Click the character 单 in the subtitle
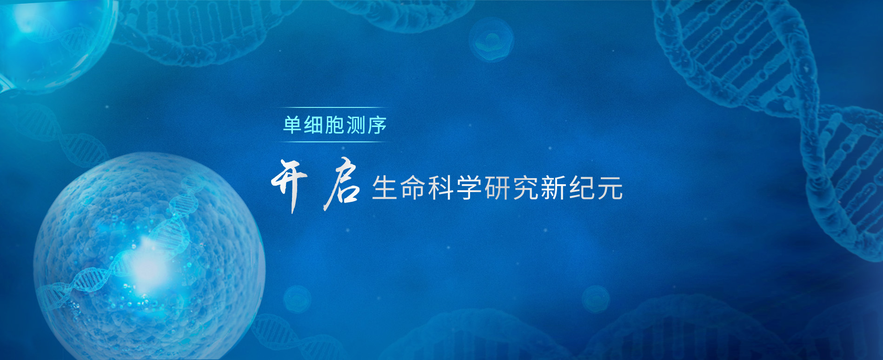(x=292, y=125)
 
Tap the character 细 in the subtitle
(x=314, y=125)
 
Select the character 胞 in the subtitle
(x=335, y=125)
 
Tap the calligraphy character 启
(x=342, y=185)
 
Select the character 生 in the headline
(x=385, y=188)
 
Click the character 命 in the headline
(x=413, y=188)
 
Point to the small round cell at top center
(x=491, y=40)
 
